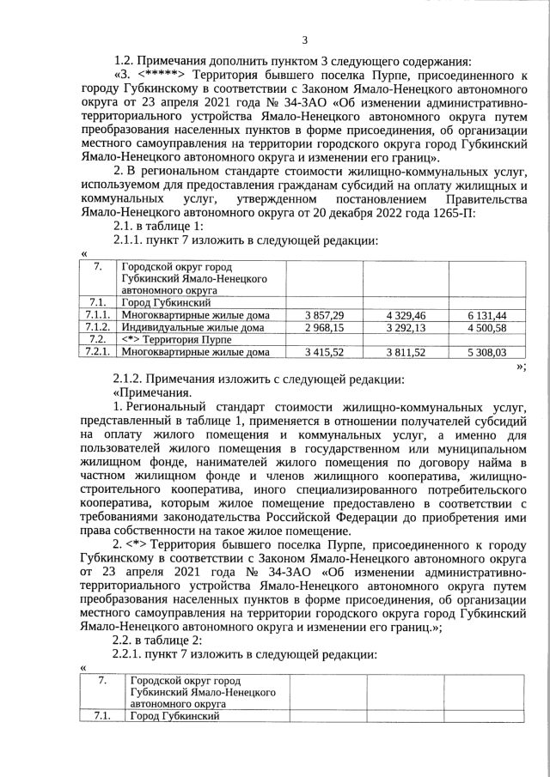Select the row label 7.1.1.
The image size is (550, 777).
[x=96, y=316]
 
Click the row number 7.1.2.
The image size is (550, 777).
[x=96, y=328]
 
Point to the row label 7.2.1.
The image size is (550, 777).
[x=96, y=352]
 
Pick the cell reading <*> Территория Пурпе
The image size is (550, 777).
[x=172, y=340]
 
